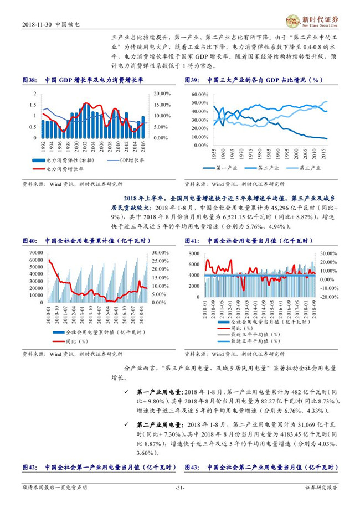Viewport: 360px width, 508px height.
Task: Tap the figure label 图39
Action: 192,80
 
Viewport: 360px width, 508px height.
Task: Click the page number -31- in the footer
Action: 179,488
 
